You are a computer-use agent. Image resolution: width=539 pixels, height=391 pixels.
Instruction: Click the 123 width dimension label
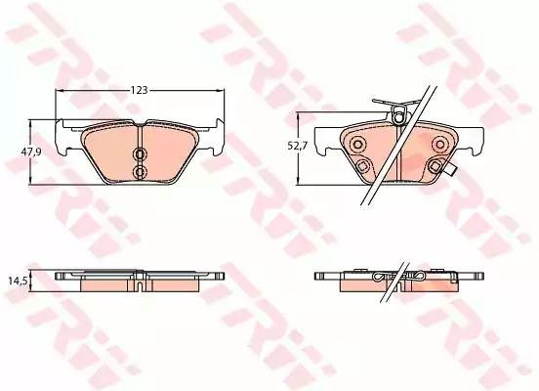(x=140, y=90)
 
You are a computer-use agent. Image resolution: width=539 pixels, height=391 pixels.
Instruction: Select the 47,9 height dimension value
(x=31, y=152)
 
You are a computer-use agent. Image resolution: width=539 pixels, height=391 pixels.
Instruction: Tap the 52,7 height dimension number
(x=298, y=146)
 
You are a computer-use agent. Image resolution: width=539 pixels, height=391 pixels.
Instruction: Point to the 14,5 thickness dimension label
(x=18, y=281)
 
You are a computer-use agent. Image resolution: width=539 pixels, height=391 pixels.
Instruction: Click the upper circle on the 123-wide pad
(x=140, y=154)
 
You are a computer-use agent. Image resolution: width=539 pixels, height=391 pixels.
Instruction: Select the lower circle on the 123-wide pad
(x=140, y=171)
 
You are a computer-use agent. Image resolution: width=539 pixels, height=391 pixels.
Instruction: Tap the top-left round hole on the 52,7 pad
(x=358, y=143)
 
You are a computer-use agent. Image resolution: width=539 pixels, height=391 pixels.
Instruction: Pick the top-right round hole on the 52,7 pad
(x=439, y=143)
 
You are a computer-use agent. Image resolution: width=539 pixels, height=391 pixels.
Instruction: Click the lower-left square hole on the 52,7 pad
(x=362, y=166)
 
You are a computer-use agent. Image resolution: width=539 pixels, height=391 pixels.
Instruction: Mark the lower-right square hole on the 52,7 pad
(x=435, y=166)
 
